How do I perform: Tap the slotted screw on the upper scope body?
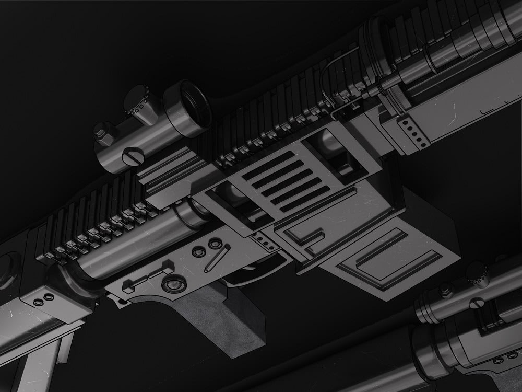(x=132, y=155)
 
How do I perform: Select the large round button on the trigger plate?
(x=173, y=284)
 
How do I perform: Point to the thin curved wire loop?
(x=334, y=84)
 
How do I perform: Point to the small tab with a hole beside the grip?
(x=123, y=301)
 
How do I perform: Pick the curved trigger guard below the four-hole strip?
(x=261, y=272)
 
